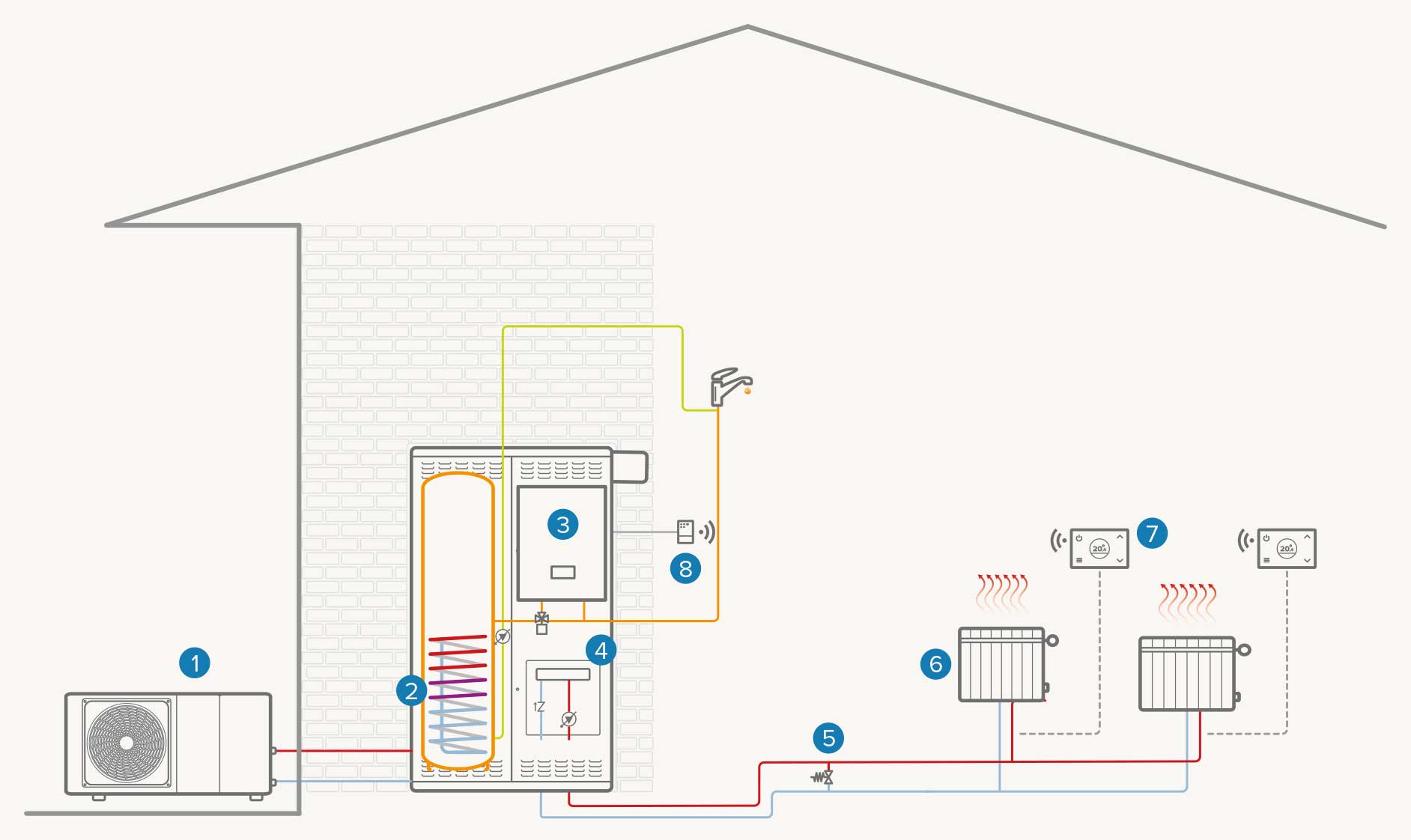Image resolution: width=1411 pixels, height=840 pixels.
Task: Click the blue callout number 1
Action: pyautogui.click(x=195, y=663)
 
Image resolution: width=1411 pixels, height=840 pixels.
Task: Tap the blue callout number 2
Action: pyautogui.click(x=411, y=690)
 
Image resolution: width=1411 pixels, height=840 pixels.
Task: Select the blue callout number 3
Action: pyautogui.click(x=562, y=524)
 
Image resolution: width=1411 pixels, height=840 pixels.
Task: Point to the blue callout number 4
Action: pyautogui.click(x=601, y=651)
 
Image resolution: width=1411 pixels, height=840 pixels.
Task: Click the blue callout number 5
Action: pyautogui.click(x=828, y=738)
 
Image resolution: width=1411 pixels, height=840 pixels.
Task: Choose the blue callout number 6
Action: pyautogui.click(x=935, y=663)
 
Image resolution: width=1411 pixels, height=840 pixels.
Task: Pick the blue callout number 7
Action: pyautogui.click(x=1152, y=533)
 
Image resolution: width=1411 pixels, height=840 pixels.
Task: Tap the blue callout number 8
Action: pyautogui.click(x=685, y=569)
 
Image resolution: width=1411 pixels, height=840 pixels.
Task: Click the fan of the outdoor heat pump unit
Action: pyautogui.click(x=127, y=743)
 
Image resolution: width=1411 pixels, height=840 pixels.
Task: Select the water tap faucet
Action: pyautogui.click(x=728, y=385)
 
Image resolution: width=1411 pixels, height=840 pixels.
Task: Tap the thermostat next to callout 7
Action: pyautogui.click(x=1099, y=549)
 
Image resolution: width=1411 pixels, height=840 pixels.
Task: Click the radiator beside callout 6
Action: pyautogui.click(x=1002, y=665)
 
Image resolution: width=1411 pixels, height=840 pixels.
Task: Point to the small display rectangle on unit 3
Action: pyautogui.click(x=562, y=573)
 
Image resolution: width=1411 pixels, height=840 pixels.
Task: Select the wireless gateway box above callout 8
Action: pyautogui.click(x=685, y=532)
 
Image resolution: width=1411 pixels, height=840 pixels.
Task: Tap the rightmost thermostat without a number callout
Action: pyautogui.click(x=1287, y=549)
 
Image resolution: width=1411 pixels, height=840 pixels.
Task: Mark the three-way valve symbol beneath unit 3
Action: pyautogui.click(x=541, y=621)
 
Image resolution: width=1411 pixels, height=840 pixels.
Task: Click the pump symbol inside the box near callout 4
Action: pyautogui.click(x=569, y=719)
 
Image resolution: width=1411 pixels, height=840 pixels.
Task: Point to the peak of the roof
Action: pyautogui.click(x=747, y=28)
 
